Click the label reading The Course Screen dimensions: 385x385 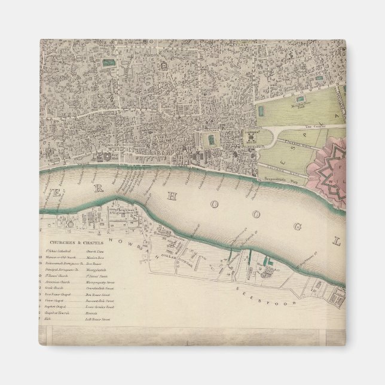(313, 127)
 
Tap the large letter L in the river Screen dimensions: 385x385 (337, 242)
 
